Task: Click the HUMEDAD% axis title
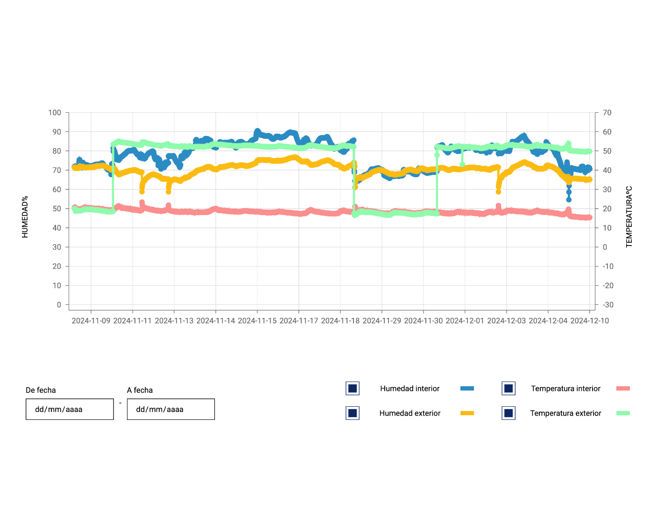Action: pos(25,216)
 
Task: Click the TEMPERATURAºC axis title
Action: pos(629,216)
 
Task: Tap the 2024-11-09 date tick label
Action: pos(91,321)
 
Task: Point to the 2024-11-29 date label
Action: pos(382,321)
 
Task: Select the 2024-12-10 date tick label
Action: pos(589,321)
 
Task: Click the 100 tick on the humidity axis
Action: pos(55,113)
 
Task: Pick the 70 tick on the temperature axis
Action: pos(607,113)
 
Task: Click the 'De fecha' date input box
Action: pos(70,409)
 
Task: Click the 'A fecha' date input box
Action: pos(170,409)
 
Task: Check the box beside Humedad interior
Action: pos(353,389)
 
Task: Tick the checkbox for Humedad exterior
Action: pos(353,413)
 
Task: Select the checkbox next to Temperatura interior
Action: pos(509,389)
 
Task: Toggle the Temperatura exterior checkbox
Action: pos(509,413)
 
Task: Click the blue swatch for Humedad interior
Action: pos(467,389)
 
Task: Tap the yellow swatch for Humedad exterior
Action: pos(467,413)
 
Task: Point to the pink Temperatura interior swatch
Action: pos(623,389)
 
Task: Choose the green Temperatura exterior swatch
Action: pos(623,413)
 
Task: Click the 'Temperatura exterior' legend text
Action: pos(565,413)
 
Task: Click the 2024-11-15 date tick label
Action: pos(257,321)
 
